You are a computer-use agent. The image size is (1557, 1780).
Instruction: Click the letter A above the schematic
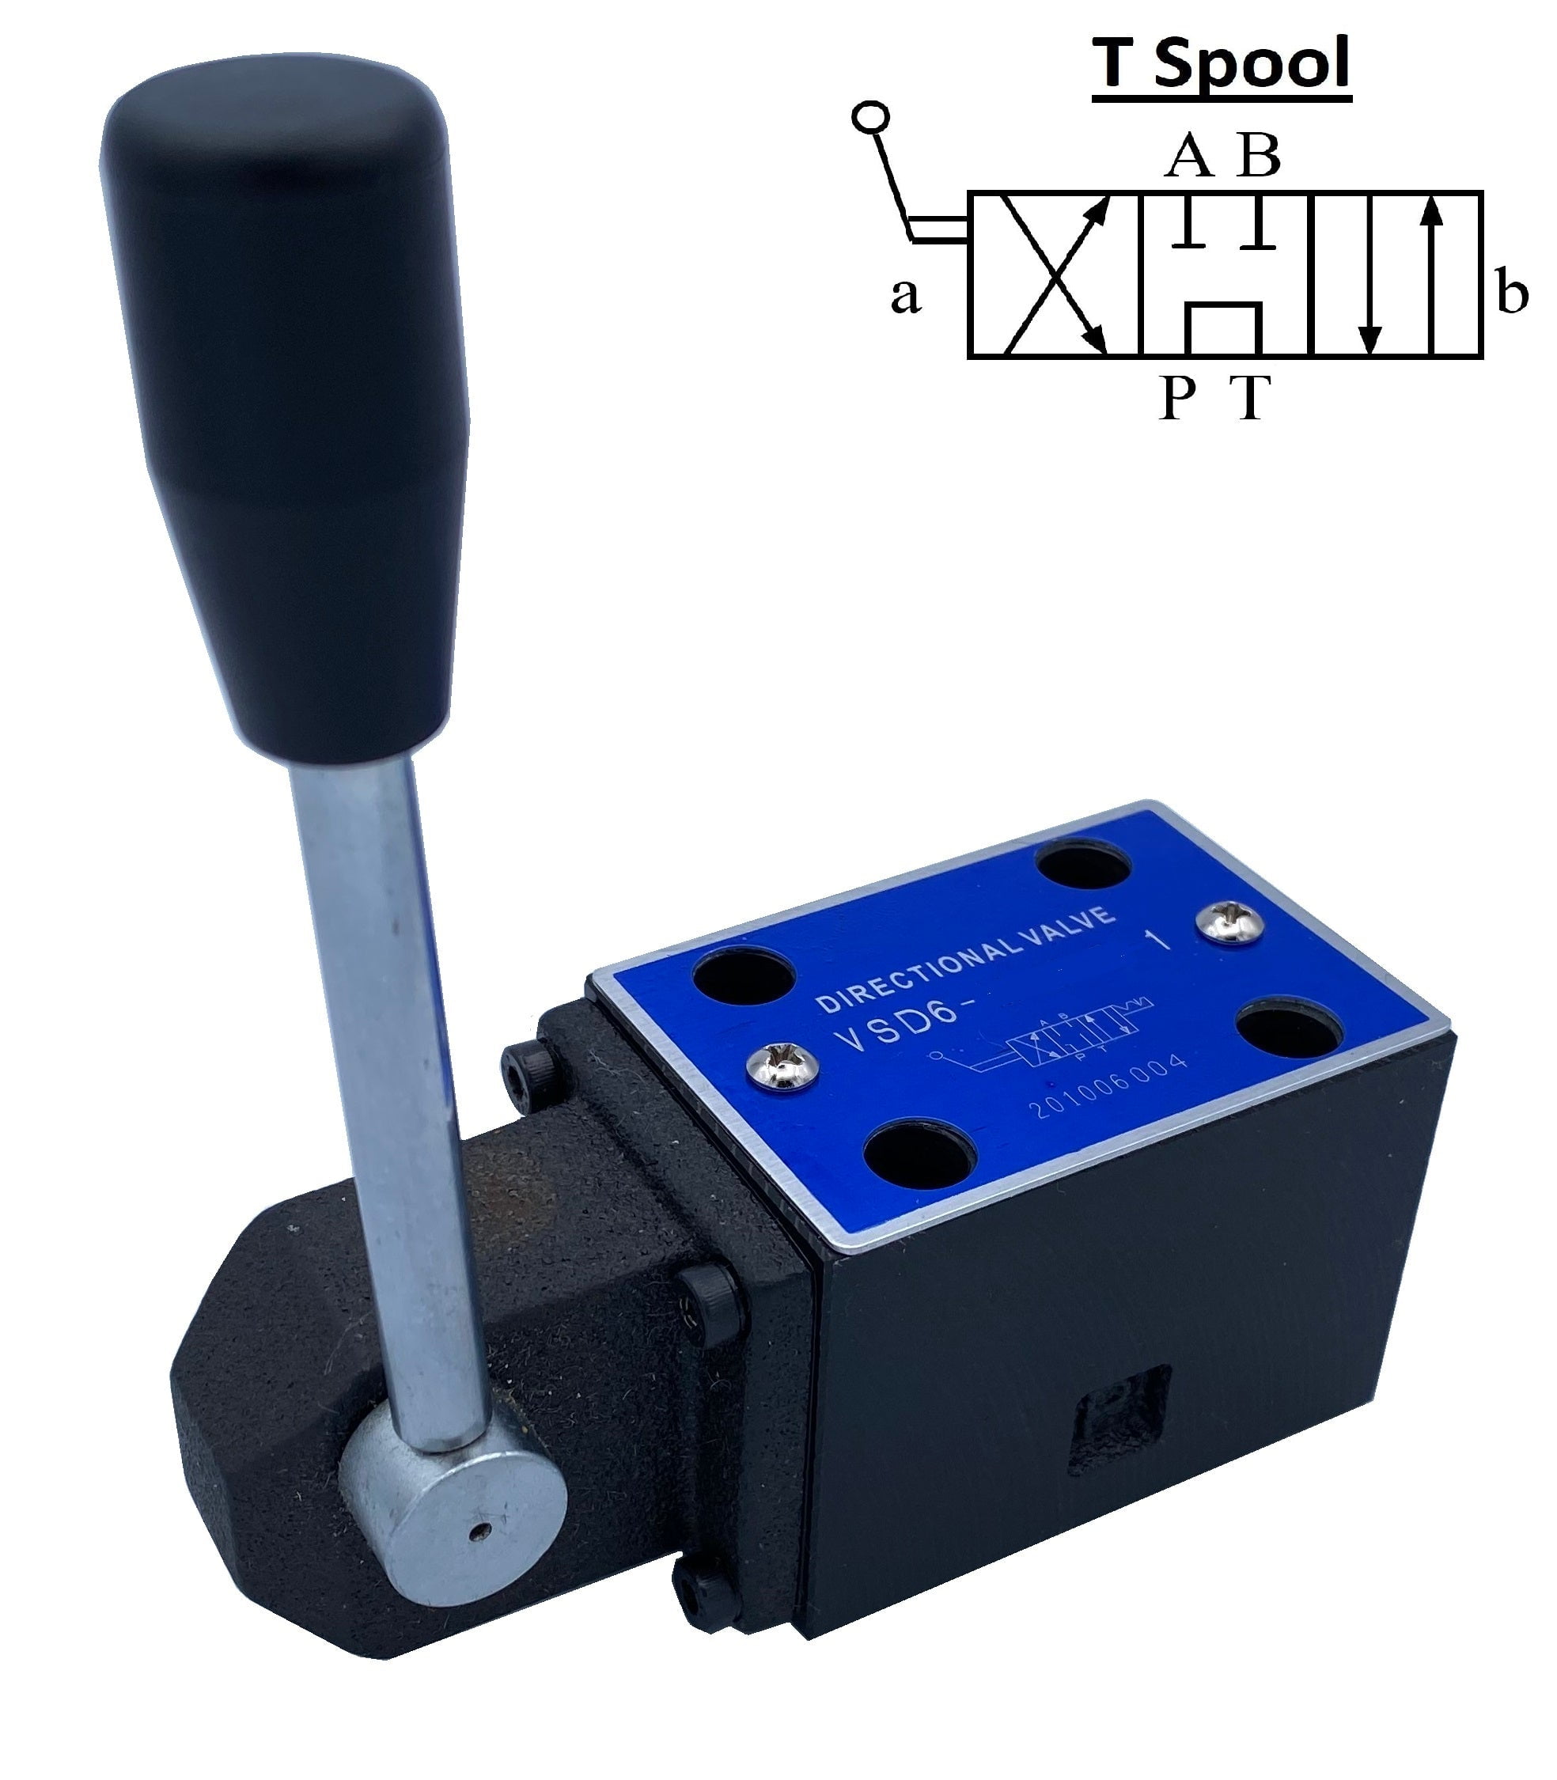coord(1188,157)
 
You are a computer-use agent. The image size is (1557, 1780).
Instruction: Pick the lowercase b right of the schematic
coord(1512,293)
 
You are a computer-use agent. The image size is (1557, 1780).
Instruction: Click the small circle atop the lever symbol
coord(870,116)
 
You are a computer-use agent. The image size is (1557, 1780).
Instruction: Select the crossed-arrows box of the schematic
coord(1054,275)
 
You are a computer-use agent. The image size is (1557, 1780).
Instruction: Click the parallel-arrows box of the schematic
coord(1397,275)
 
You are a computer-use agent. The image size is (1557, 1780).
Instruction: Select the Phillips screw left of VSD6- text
coord(782,1066)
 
